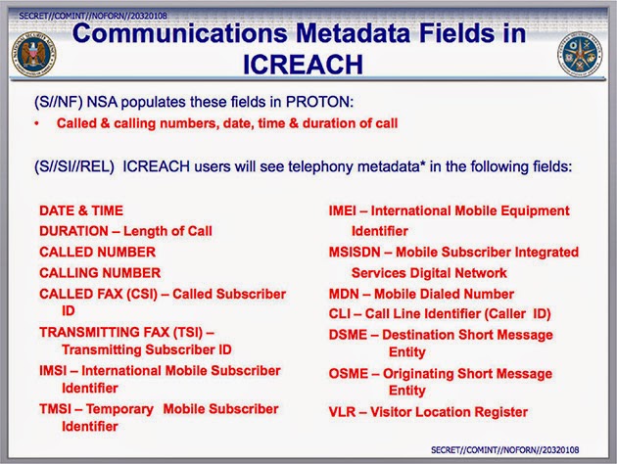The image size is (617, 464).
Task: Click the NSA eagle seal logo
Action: click(x=34, y=54)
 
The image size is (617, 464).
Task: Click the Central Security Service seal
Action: click(x=580, y=54)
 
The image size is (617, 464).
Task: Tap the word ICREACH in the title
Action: click(x=303, y=65)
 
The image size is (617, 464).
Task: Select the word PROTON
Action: click(x=319, y=102)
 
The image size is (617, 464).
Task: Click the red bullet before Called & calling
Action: click(x=36, y=124)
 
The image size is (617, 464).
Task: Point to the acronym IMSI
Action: click(x=53, y=371)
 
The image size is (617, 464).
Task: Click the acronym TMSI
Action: click(x=55, y=409)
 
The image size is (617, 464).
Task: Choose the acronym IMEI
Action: click(x=343, y=210)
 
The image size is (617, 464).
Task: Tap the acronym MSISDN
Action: click(x=355, y=252)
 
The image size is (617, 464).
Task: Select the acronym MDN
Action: click(x=344, y=294)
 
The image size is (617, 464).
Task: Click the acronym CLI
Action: click(x=340, y=314)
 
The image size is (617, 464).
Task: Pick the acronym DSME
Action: click(x=348, y=335)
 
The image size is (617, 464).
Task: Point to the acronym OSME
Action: click(x=349, y=373)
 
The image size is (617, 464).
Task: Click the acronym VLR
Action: click(x=342, y=412)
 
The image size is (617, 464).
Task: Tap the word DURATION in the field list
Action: click(x=73, y=231)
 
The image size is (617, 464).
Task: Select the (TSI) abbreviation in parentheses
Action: click(x=188, y=333)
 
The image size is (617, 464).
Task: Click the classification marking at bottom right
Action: click(x=504, y=450)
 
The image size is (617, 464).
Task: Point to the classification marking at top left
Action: click(x=93, y=16)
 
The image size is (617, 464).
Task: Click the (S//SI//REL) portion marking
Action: click(x=74, y=166)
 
